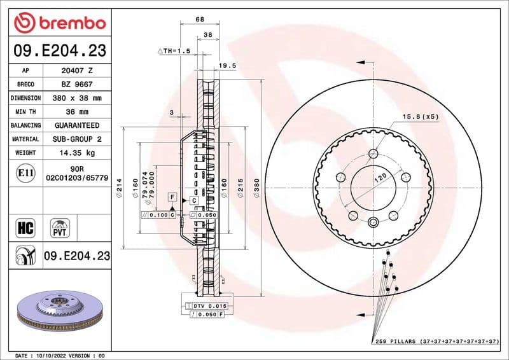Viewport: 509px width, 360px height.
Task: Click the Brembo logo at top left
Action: pyautogui.click(x=59, y=23)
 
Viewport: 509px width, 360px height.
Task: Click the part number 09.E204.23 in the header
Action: pyautogui.click(x=59, y=51)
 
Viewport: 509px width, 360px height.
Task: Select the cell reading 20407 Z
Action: pyautogui.click(x=77, y=71)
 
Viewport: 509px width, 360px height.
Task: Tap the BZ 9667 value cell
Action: pyautogui.click(x=77, y=85)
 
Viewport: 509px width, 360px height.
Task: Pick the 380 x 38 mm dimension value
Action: pyautogui.click(x=77, y=99)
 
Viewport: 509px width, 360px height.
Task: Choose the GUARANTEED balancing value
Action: pyautogui.click(x=77, y=125)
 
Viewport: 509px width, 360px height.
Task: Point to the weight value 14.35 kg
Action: pyautogui.click(x=77, y=153)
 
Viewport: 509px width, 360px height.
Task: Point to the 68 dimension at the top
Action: pyautogui.click(x=200, y=20)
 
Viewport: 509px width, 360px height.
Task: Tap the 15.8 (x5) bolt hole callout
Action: pyautogui.click(x=420, y=116)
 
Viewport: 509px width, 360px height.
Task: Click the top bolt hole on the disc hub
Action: pyautogui.click(x=373, y=153)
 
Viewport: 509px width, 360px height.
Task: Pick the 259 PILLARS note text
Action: pyautogui.click(x=435, y=342)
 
